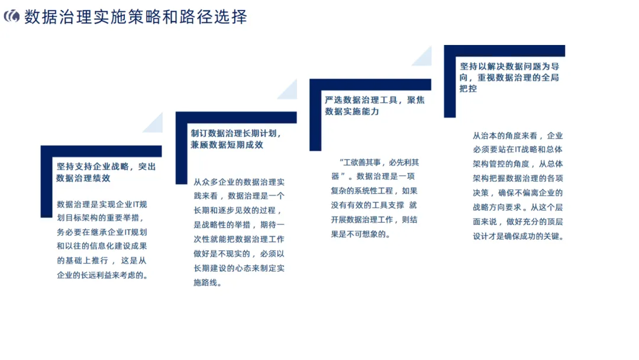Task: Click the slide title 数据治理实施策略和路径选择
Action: tap(135, 17)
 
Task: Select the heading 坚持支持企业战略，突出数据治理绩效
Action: tap(106, 172)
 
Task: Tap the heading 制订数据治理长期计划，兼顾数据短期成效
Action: tap(235, 139)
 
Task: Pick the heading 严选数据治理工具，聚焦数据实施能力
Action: tap(375, 105)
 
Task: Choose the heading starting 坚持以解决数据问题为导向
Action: tap(509, 78)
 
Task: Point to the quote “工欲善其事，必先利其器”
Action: tap(376, 169)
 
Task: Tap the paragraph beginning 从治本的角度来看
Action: tap(518, 186)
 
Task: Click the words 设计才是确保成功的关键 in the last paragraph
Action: tap(518, 236)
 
